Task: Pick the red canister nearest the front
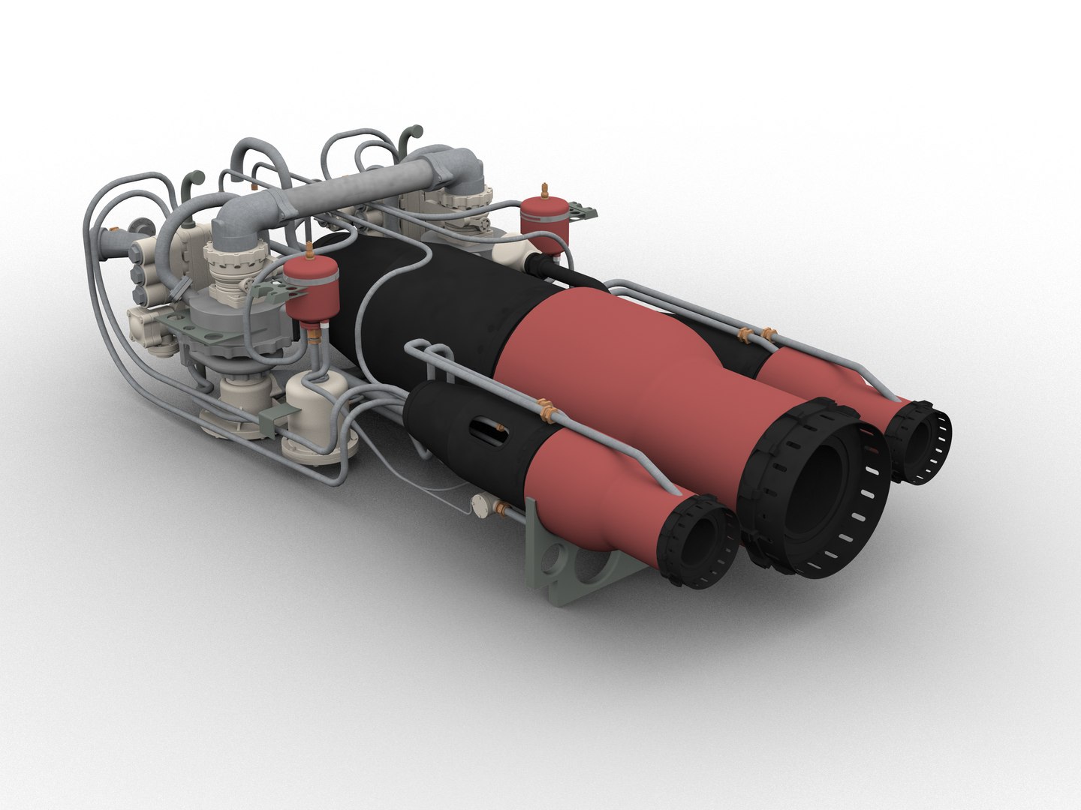click(x=309, y=289)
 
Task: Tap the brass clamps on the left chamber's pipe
click(x=547, y=410)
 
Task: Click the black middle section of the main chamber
click(x=435, y=300)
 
